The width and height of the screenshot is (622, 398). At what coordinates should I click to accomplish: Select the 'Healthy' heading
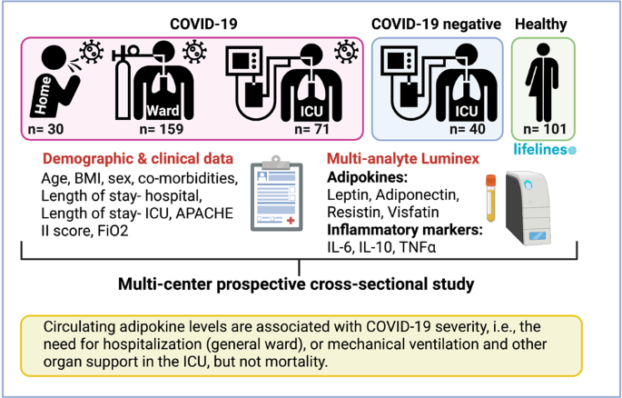544,23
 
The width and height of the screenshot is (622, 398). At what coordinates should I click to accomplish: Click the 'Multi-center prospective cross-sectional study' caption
296,284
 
